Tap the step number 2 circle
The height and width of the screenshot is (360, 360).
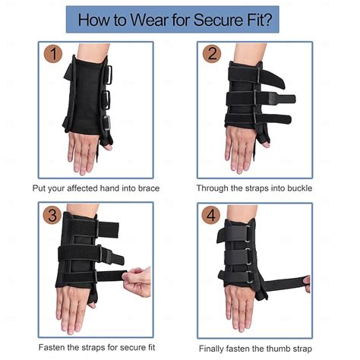212,55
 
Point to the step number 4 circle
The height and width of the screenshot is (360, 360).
213,216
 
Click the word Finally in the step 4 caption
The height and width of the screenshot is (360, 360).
216,349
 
